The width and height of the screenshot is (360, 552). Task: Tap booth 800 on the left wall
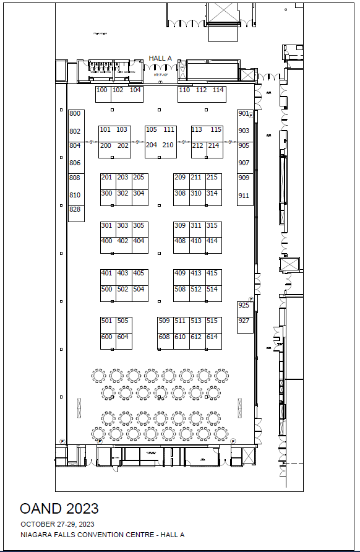point(75,114)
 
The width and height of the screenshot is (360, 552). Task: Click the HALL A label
point(160,59)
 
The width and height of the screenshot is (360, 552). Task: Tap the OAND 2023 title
point(59,509)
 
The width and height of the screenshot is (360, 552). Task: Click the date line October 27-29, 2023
point(56,525)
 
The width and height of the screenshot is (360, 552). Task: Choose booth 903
point(244,131)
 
